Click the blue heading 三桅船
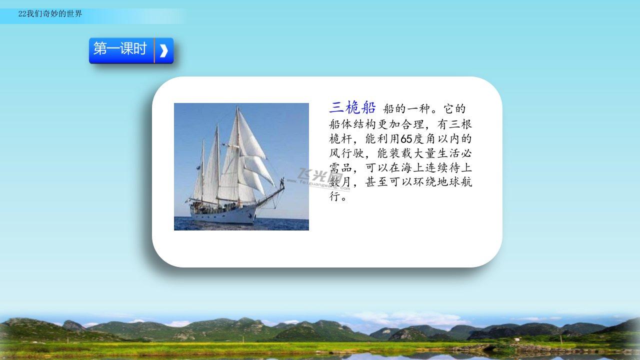tap(352, 107)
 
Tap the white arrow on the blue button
tap(163, 50)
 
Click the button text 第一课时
tap(120, 48)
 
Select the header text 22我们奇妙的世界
tap(50, 13)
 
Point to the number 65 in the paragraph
tap(406, 139)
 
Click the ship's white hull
tap(223, 215)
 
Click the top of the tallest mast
tap(237, 108)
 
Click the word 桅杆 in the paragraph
tap(340, 139)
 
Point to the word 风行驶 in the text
tap(346, 153)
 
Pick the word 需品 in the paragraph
tap(340, 167)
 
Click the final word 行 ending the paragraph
tap(334, 196)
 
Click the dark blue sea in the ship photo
tap(241, 224)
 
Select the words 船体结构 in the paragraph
tap(352, 124)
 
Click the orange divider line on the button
tap(154, 50)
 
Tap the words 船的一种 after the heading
tap(406, 109)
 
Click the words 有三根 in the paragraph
tap(454, 124)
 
